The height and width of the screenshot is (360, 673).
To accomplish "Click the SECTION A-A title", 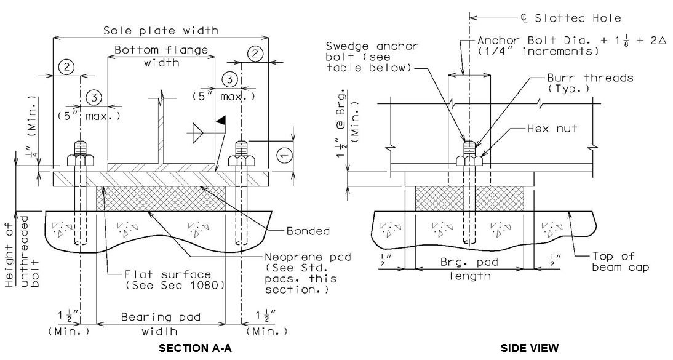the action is coord(195,348).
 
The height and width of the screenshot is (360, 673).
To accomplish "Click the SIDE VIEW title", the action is coord(530,348).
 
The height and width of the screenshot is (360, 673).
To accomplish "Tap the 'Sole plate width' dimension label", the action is coord(161,31).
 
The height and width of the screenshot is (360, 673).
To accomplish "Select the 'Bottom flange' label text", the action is coord(161,50).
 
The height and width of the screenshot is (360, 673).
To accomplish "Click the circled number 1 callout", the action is coord(284,154).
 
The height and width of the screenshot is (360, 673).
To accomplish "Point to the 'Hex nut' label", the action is coord(552,128).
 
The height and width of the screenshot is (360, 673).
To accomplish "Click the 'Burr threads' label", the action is coord(590,78).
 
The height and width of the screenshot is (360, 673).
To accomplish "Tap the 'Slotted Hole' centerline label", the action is coord(577,18).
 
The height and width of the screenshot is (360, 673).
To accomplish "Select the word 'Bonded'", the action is coord(308,231).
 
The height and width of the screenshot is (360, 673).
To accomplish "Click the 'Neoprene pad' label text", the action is coord(308,257).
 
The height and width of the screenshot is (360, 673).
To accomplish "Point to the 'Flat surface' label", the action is coord(168,274).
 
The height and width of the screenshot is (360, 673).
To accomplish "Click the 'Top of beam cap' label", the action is coord(621,262).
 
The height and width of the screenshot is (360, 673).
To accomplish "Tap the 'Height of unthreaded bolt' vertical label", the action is coord(23,251).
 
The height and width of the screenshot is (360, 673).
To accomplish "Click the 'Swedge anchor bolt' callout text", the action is coord(372,57).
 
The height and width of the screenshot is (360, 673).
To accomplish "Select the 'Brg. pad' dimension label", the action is coord(469,262).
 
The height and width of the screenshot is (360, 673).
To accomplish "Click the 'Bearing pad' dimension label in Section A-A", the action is coord(161,318).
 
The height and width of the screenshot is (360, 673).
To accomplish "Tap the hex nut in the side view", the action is coord(469,160).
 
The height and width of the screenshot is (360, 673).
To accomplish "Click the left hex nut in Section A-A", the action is coord(80,160).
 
